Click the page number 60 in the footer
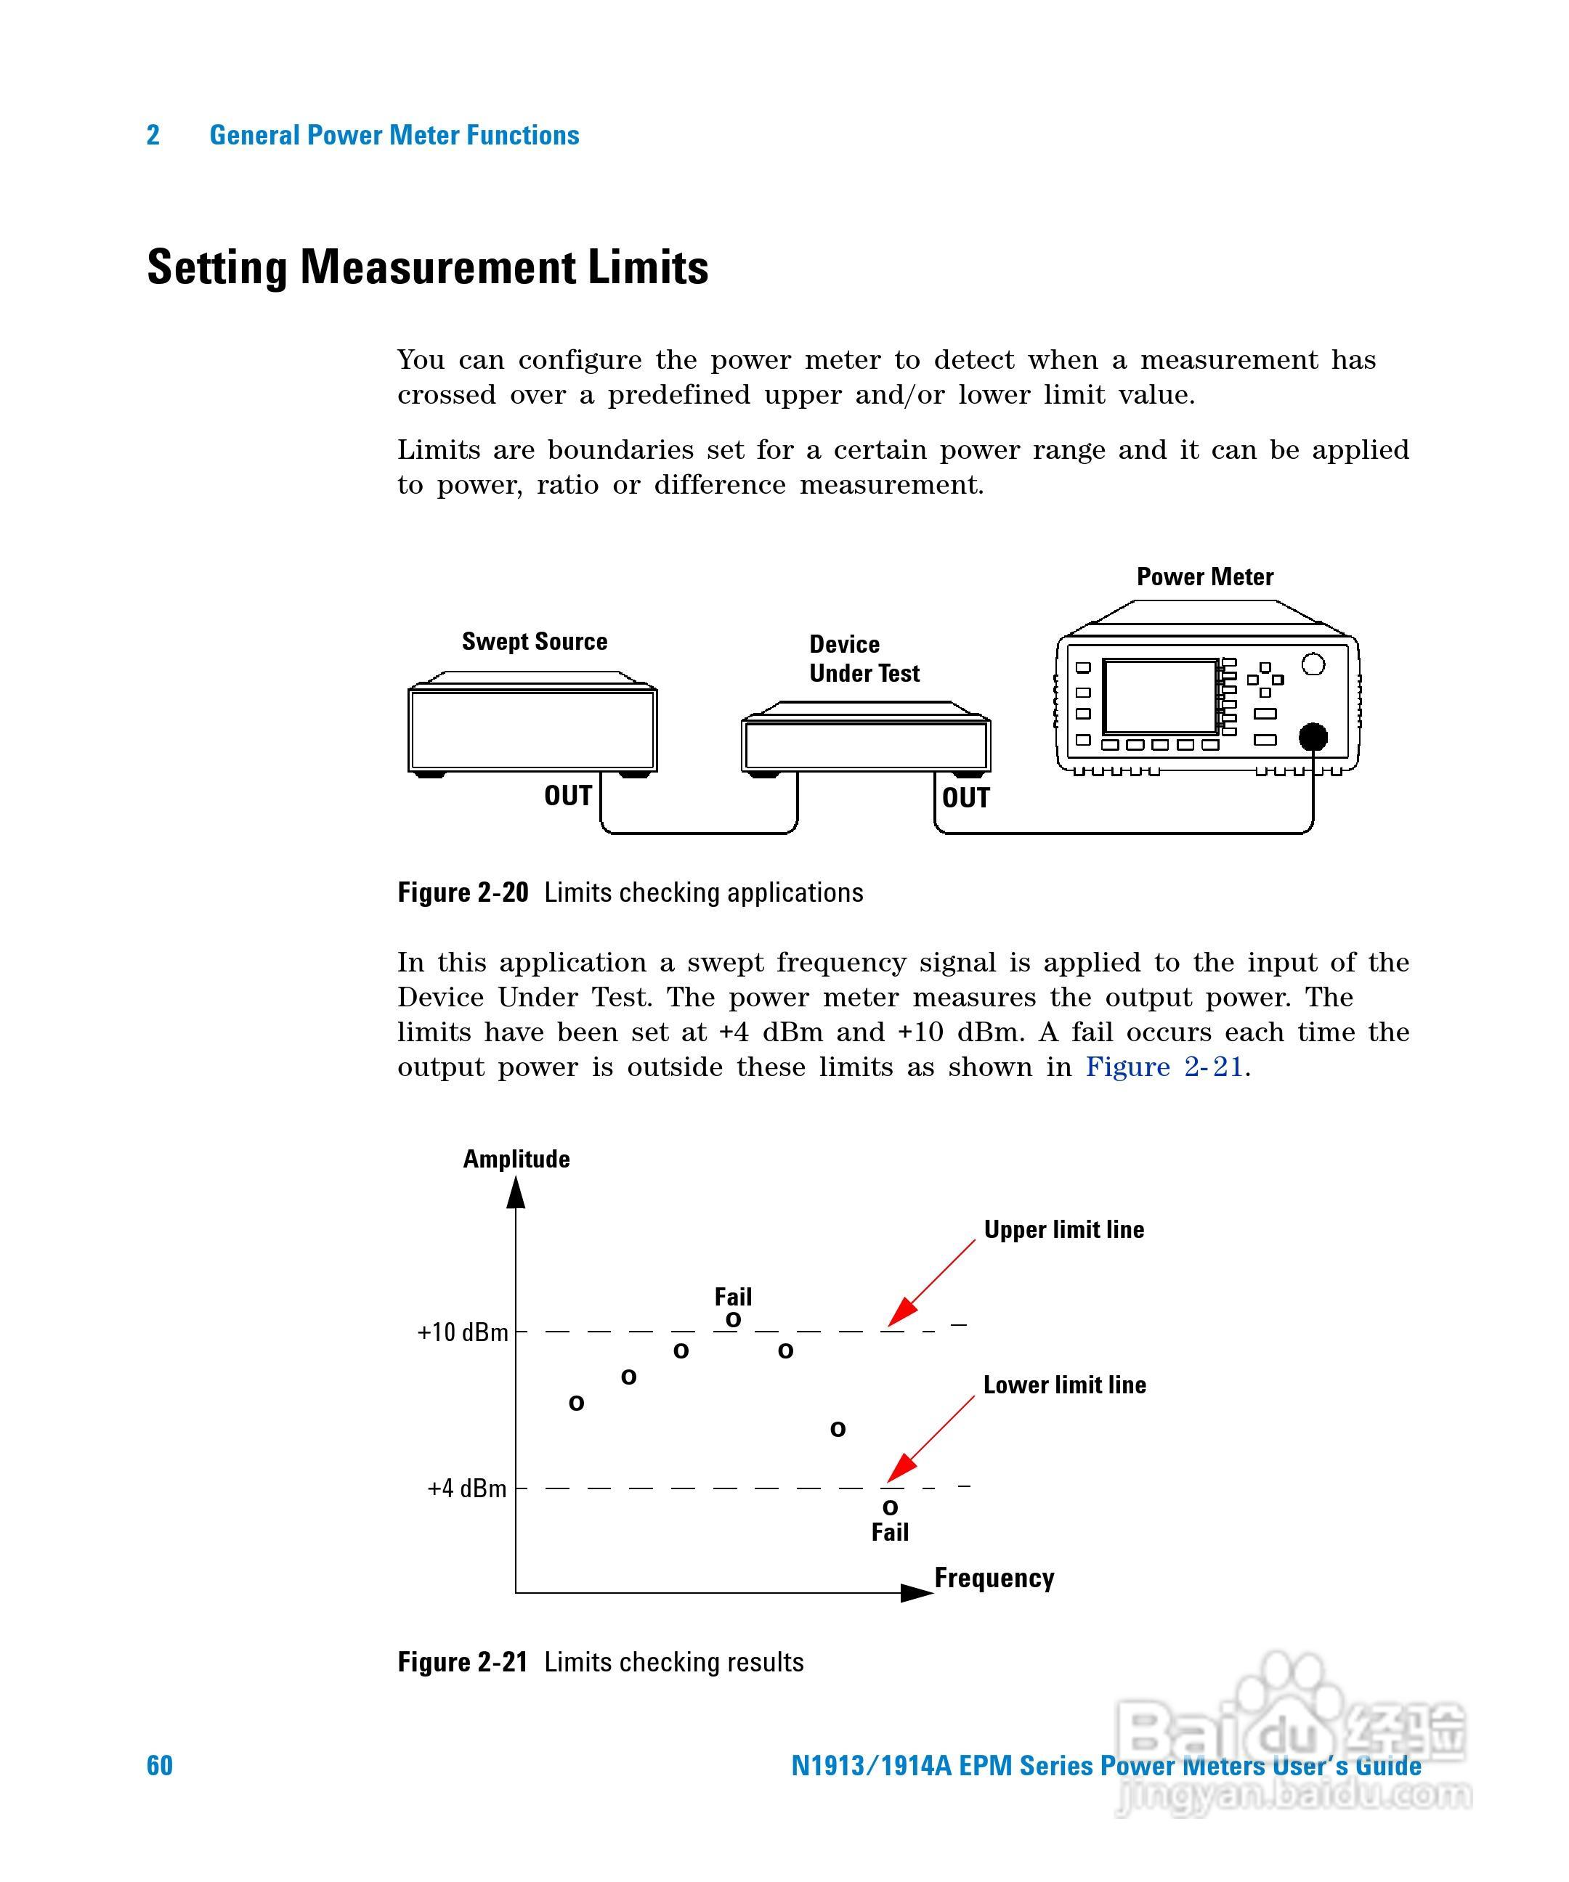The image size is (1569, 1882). point(160,1764)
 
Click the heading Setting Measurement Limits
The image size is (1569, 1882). point(428,267)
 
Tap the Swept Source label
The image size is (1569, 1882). point(535,642)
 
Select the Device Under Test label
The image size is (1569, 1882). point(864,659)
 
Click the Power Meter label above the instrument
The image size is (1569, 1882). point(1204,577)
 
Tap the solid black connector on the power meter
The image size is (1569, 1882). point(1313,737)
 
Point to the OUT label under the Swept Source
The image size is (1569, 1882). point(567,796)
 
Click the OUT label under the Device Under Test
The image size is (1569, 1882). point(965,798)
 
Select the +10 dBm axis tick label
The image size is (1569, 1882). point(463,1332)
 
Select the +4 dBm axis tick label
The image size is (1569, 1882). point(467,1488)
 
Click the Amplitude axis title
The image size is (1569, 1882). point(516,1159)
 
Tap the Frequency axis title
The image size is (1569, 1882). point(994,1577)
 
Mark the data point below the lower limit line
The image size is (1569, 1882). point(889,1508)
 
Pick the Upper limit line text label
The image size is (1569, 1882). point(1063,1229)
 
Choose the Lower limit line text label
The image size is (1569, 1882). point(1064,1385)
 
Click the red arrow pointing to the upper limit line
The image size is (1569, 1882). point(929,1283)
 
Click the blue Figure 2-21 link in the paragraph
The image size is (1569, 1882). point(1164,1067)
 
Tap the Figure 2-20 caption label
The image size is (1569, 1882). point(463,892)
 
